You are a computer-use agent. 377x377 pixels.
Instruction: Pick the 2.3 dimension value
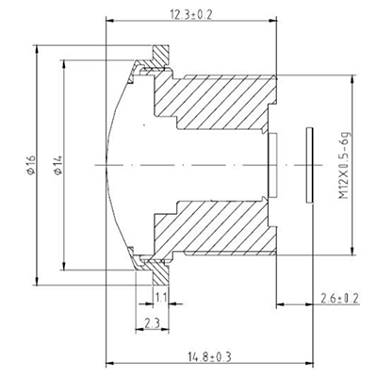pyautogui.click(x=151, y=324)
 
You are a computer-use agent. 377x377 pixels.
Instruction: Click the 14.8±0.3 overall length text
pyautogui.click(x=209, y=356)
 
